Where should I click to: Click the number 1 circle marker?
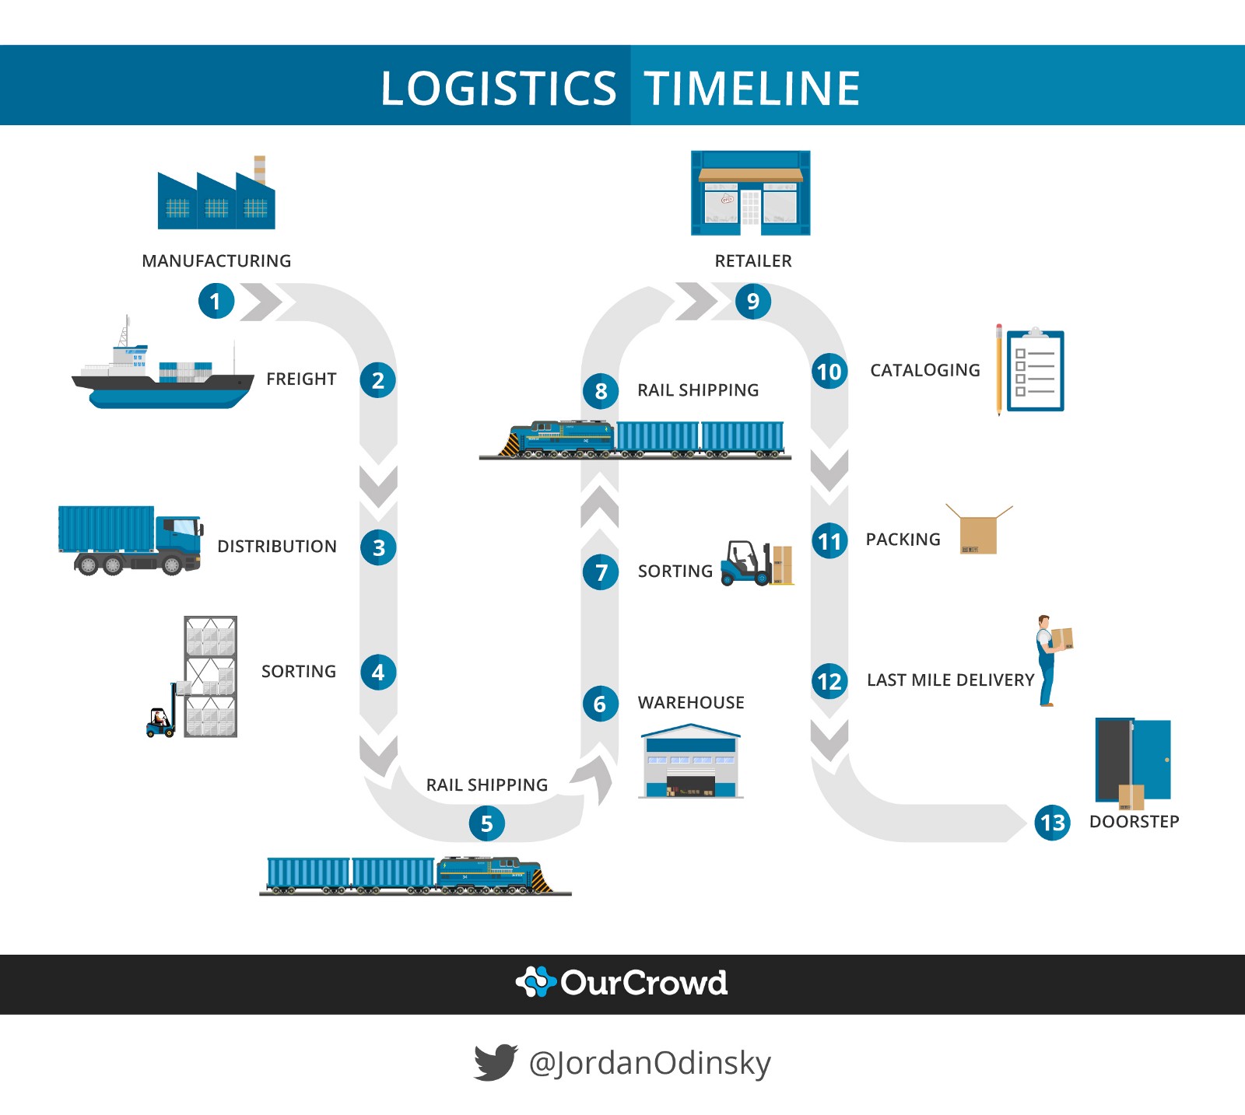[216, 302]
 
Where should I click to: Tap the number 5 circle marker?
[486, 823]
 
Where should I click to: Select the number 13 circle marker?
[1052, 823]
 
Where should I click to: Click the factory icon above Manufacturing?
[216, 198]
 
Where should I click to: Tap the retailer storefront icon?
[751, 194]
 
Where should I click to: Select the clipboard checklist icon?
[1035, 372]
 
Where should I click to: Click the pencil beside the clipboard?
[999, 370]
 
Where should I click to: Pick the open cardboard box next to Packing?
[978, 533]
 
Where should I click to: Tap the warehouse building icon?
[690, 762]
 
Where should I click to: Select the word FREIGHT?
[301, 379]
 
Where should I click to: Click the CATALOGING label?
[924, 371]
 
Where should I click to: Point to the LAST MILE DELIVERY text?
[950, 680]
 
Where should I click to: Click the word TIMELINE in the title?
[752, 88]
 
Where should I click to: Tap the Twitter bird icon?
[495, 1062]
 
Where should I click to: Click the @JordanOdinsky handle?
[650, 1063]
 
